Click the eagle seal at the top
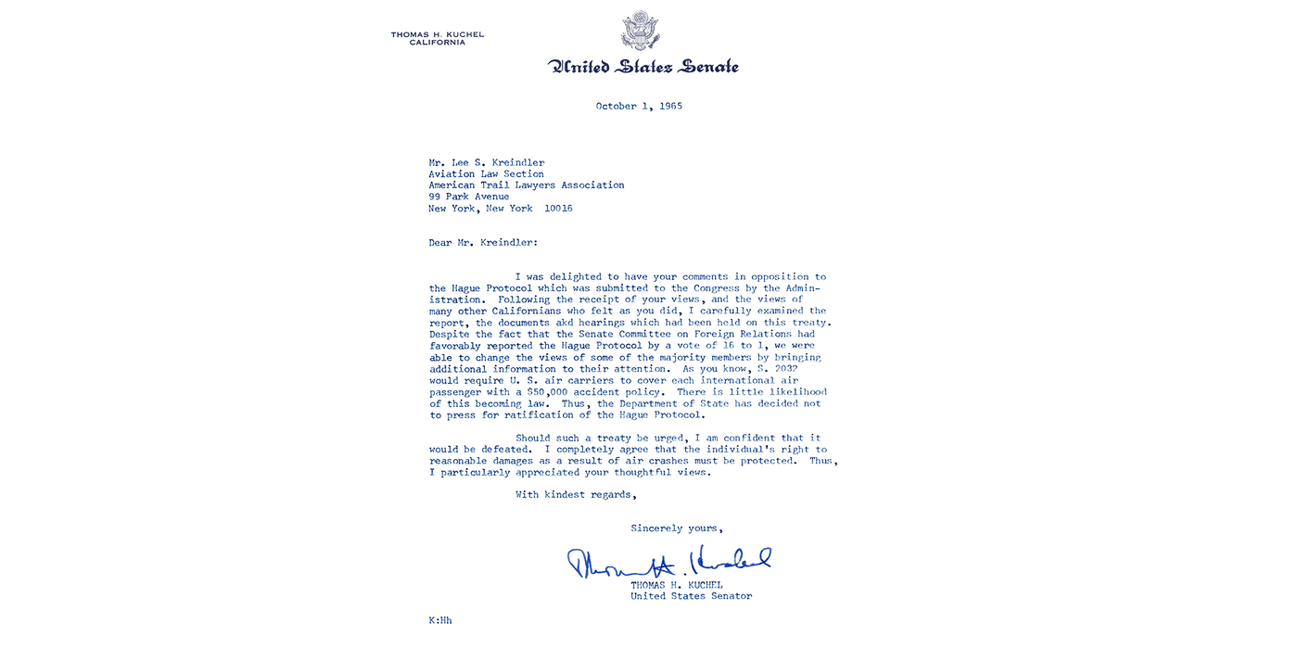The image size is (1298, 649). pos(641,30)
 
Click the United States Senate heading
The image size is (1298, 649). pos(643,66)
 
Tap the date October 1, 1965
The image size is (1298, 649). pos(639,107)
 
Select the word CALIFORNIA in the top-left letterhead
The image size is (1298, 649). pos(438,43)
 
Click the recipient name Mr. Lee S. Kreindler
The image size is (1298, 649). pos(487,163)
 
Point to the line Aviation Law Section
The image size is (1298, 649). pos(486,174)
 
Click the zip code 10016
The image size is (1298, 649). pos(558,209)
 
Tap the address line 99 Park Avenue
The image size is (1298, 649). pos(468,197)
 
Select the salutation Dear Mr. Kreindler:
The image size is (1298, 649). pos(482,243)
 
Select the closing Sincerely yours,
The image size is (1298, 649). pos(677,528)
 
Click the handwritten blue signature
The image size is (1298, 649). pos(668,561)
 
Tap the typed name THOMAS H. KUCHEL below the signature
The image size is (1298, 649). pos(677,585)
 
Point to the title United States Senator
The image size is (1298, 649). pos(691,596)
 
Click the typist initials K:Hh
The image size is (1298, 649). pos(439,620)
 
